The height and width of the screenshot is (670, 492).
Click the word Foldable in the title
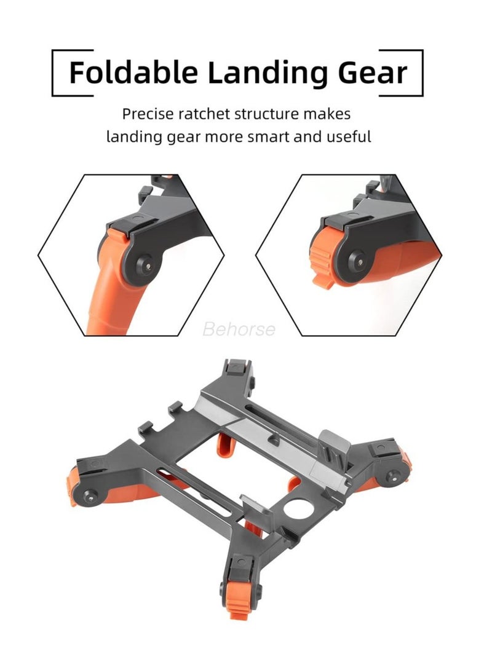point(133,73)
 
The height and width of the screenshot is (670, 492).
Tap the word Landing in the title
point(267,73)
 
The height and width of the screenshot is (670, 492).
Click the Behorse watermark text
point(239,329)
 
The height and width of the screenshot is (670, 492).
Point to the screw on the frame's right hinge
point(390,475)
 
